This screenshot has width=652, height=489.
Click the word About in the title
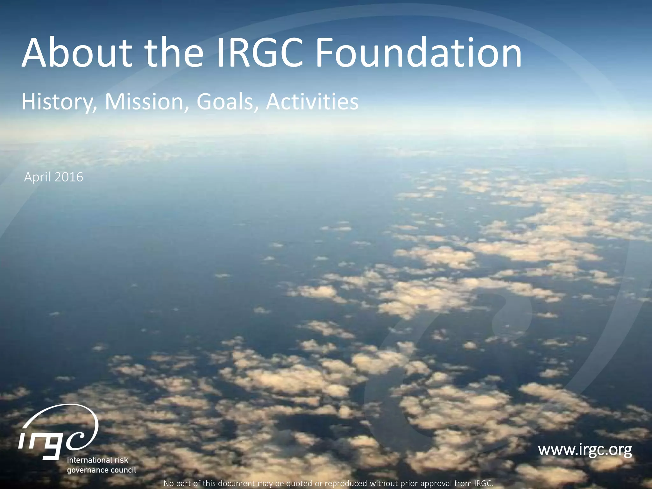[x=76, y=53]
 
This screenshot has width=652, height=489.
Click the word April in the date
[x=36, y=177]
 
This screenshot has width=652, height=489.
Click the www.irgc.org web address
[x=585, y=450]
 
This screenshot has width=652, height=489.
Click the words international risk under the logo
[x=97, y=460]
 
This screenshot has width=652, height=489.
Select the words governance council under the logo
[x=101, y=470]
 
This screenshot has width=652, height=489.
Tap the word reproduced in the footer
[x=346, y=483]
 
